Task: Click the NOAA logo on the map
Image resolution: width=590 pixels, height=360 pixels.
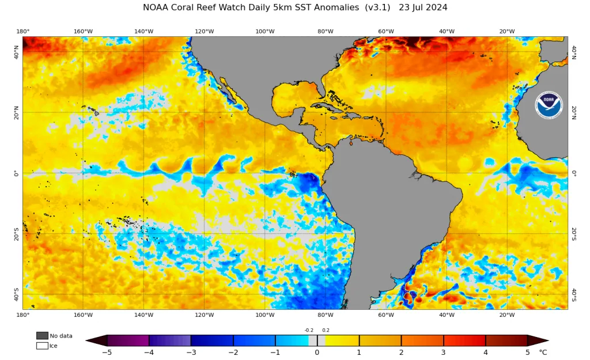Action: [x=549, y=105]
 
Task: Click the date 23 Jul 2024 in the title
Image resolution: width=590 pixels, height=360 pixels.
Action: [x=423, y=7]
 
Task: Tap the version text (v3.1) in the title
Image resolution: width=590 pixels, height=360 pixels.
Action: [x=378, y=7]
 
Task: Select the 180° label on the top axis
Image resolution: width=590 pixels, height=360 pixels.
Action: [x=23, y=31]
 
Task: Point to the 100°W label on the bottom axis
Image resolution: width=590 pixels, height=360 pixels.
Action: [x=265, y=315]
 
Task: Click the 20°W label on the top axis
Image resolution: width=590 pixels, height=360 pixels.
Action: [x=507, y=31]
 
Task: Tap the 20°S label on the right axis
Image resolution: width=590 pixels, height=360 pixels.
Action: [x=574, y=234]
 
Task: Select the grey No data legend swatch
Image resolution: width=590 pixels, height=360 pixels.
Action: [x=42, y=336]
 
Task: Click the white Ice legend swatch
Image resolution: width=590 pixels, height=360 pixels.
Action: [x=42, y=346]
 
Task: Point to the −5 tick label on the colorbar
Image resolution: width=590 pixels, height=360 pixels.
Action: [x=107, y=353]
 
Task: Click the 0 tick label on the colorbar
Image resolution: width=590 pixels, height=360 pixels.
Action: [x=317, y=353]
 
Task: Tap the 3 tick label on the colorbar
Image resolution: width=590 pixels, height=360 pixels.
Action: [x=443, y=353]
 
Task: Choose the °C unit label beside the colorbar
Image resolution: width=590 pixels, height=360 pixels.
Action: [x=543, y=353]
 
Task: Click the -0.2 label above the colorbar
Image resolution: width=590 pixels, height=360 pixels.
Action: [x=309, y=330]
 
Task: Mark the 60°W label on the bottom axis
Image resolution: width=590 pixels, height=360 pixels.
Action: [x=386, y=315]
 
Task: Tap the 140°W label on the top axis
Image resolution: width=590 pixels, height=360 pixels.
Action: [x=143, y=31]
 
